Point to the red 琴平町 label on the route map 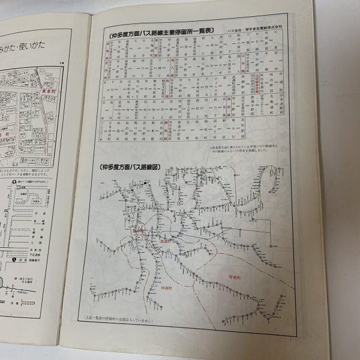point(139,229)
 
